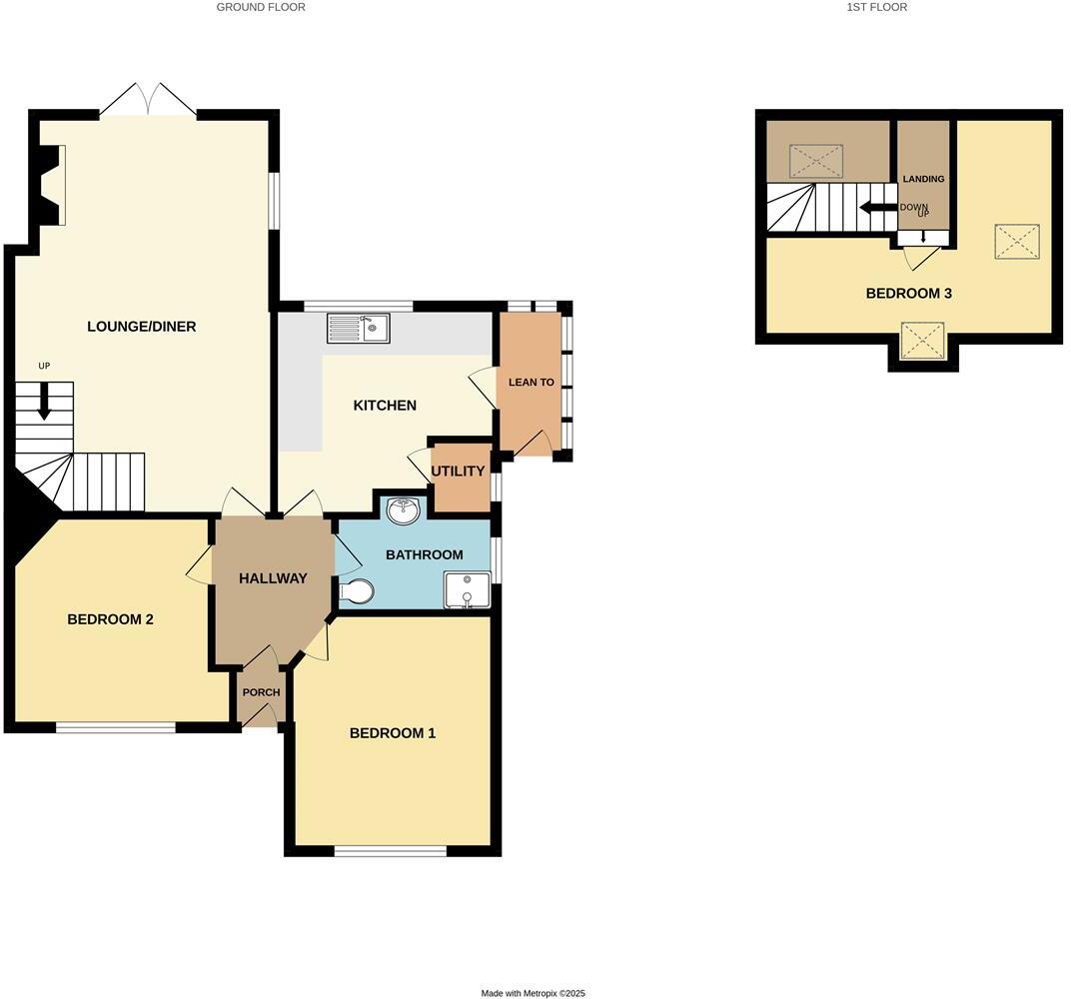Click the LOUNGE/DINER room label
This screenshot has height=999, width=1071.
[141, 327]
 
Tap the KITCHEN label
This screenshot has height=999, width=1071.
[385, 406]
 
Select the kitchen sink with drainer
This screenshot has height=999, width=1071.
[358, 327]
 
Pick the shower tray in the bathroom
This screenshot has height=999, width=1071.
[467, 589]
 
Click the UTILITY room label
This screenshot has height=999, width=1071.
[458, 472]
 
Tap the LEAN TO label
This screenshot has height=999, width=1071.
[531, 383]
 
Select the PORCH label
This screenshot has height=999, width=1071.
[261, 693]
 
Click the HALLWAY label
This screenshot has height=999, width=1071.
[273, 578]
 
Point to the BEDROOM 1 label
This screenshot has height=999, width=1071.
[392, 733]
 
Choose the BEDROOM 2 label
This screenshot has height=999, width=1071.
[110, 619]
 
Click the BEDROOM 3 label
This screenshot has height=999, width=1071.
[908, 294]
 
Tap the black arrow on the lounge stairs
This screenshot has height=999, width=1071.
[44, 404]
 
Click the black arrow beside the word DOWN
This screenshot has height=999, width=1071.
[876, 208]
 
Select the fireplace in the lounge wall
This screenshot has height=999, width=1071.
[51, 185]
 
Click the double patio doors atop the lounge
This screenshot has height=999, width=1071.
[149, 100]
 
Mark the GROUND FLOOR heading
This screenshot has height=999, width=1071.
[261, 7]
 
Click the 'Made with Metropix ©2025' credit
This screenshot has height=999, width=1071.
[534, 993]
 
